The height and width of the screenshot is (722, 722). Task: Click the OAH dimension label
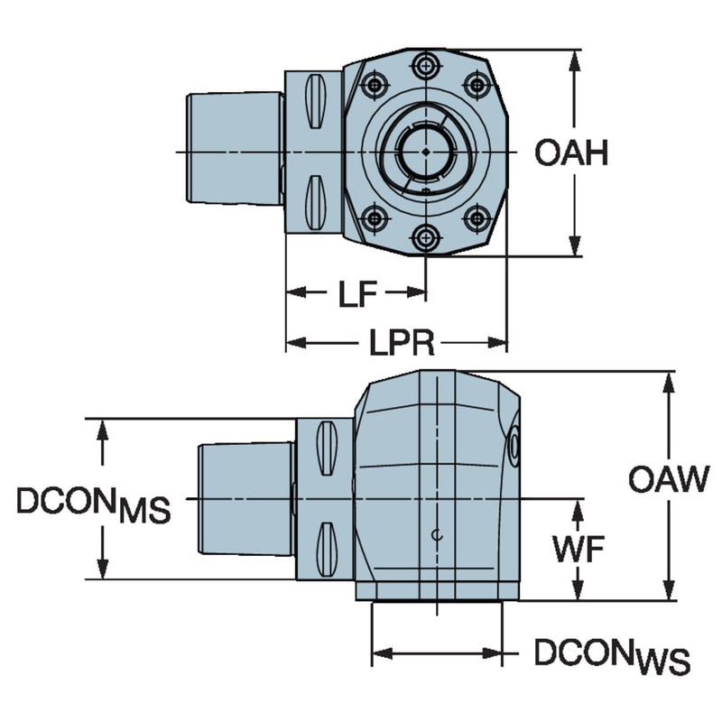[570, 153]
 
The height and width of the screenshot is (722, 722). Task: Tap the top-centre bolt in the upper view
[424, 66]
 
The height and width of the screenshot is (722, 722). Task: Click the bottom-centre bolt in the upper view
[424, 237]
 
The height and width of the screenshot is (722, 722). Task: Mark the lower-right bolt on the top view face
[477, 218]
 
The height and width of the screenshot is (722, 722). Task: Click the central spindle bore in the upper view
[423, 151]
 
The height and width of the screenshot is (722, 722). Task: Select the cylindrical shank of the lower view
[245, 498]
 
